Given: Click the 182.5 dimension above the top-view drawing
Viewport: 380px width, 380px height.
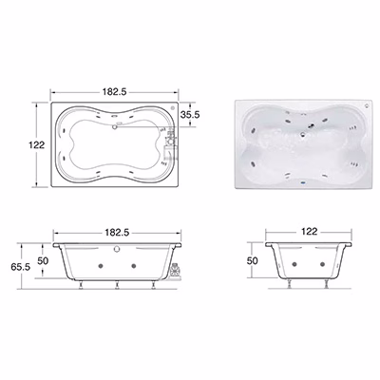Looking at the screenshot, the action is (x=114, y=91).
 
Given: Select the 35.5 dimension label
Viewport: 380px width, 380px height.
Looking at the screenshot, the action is (x=190, y=115).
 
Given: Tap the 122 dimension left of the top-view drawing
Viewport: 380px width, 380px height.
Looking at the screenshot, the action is (x=37, y=145).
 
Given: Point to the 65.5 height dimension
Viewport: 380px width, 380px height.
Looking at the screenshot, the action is (x=21, y=267).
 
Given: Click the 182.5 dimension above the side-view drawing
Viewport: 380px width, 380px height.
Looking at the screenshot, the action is (x=117, y=233).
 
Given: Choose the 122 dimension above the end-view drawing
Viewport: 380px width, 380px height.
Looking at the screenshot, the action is (x=309, y=232).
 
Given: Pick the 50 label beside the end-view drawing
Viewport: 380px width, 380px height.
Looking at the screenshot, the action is (x=253, y=260).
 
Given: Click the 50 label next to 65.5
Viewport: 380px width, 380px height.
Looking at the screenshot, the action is (x=43, y=260).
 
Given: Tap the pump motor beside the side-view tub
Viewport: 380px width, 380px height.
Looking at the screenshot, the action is (x=175, y=272).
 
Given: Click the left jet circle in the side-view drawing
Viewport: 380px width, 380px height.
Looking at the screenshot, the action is (x=101, y=266).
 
